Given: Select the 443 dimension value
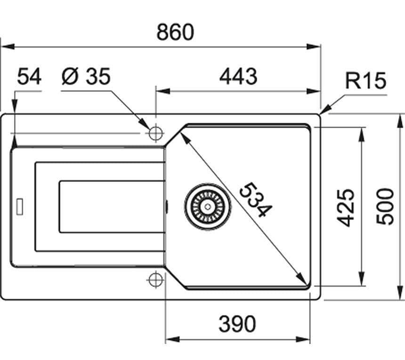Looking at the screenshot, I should tap(238, 76).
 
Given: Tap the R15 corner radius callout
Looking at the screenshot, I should tap(365, 81).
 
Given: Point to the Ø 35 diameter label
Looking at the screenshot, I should tap(86, 76).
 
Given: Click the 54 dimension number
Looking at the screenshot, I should tap(29, 76).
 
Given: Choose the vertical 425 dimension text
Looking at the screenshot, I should tap(347, 207).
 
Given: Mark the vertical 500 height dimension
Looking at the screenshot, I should tap(386, 206).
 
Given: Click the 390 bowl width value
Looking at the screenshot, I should tap(237, 324).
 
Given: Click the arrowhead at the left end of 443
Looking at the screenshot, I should tap(160, 91).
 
